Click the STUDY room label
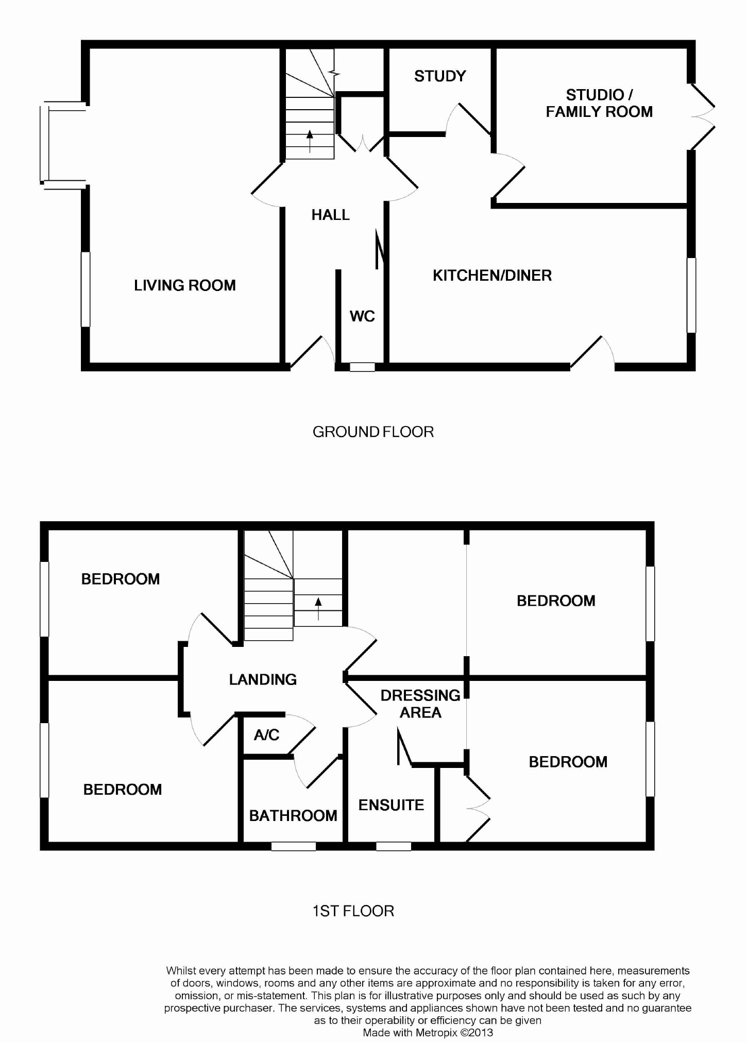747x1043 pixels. [440, 77]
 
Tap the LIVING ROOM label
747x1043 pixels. [184, 285]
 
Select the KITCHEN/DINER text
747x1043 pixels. [492, 276]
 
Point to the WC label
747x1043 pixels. [362, 316]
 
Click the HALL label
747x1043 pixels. [330, 215]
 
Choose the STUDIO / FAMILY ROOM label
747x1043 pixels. [599, 103]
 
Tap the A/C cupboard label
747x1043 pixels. [266, 735]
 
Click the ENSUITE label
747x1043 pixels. [391, 805]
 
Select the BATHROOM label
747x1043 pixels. [293, 815]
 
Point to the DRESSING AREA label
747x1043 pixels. [420, 704]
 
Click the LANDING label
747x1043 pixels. [263, 679]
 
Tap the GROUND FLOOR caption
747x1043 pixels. [373, 432]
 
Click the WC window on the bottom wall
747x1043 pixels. [362, 367]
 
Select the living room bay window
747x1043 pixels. [45, 144]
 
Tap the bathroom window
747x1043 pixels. [293, 846]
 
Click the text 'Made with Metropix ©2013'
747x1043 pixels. [428, 1032]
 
